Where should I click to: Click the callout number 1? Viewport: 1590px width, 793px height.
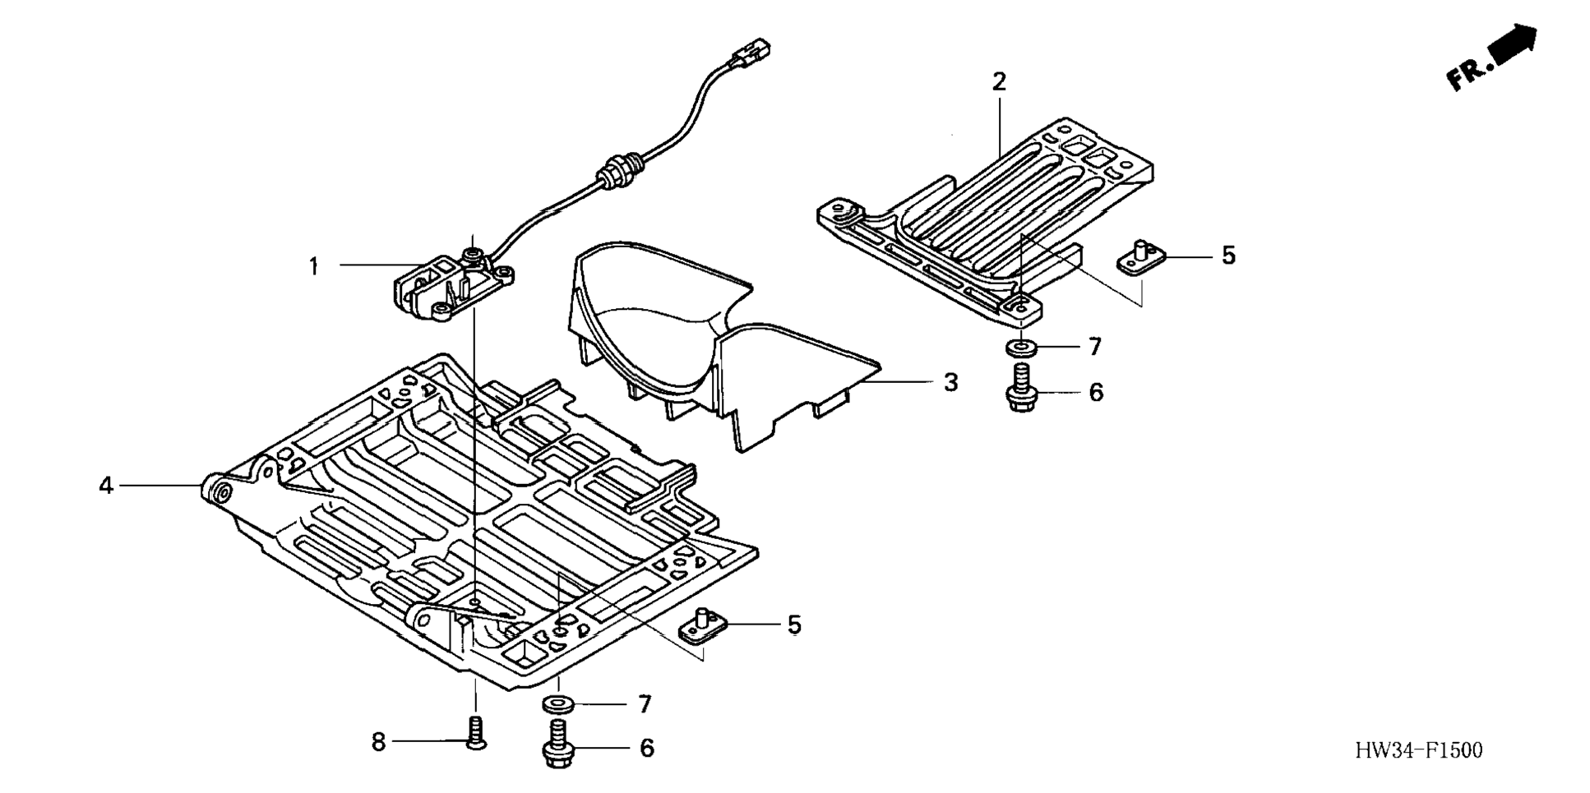313,266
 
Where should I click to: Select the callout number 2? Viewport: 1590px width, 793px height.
999,82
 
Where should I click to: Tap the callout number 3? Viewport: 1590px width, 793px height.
950,383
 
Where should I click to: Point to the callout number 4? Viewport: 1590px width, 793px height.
106,486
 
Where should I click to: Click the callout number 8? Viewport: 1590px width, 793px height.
378,743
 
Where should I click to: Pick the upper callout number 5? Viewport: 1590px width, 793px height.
1228,256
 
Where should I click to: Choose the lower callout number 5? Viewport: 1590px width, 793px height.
794,625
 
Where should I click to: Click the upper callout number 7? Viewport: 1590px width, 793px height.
1094,347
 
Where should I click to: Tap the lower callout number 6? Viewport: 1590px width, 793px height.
647,749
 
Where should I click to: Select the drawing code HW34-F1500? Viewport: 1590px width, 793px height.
1419,750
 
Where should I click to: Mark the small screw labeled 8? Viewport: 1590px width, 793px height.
475,732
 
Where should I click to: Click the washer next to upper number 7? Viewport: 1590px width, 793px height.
1020,348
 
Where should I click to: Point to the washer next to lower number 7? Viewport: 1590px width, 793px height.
558,704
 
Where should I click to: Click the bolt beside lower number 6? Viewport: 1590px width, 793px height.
558,744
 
